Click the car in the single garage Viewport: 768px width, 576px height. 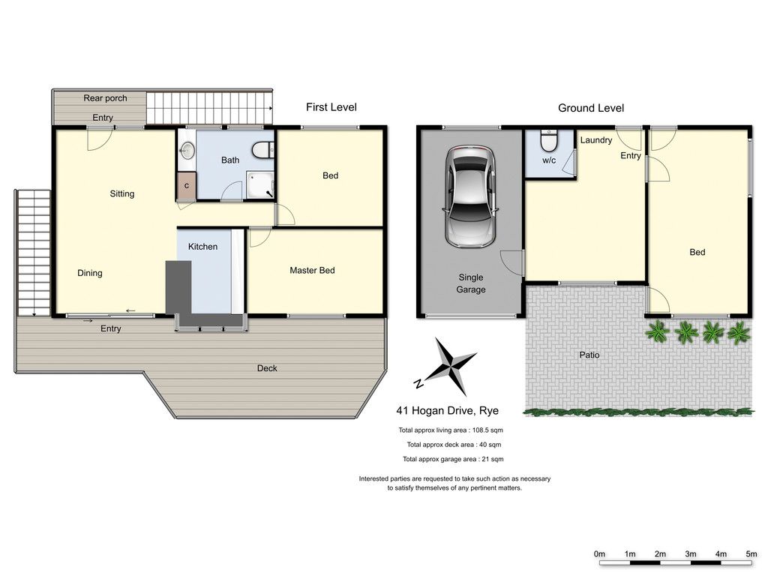click(x=471, y=197)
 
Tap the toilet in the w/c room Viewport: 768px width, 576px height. click(x=548, y=141)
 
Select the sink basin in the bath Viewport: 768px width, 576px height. click(x=187, y=150)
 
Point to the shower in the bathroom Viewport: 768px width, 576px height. click(x=259, y=185)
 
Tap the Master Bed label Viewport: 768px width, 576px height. click(x=312, y=270)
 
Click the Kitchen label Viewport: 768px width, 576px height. click(x=202, y=247)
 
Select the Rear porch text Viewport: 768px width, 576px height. click(x=105, y=98)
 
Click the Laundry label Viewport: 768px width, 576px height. click(x=596, y=140)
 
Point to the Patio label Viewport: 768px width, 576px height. click(x=589, y=355)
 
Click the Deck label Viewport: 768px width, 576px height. click(x=267, y=368)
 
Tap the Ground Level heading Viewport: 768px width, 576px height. click(x=591, y=108)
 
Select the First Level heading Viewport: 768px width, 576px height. click(x=331, y=107)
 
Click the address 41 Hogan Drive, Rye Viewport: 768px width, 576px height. click(x=447, y=410)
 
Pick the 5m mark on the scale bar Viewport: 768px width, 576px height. click(x=751, y=554)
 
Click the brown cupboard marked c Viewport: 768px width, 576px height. click(x=187, y=186)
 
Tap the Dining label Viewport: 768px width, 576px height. click(x=90, y=273)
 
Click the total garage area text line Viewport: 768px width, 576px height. click(x=453, y=460)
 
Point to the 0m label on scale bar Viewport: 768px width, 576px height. click(x=599, y=554)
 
